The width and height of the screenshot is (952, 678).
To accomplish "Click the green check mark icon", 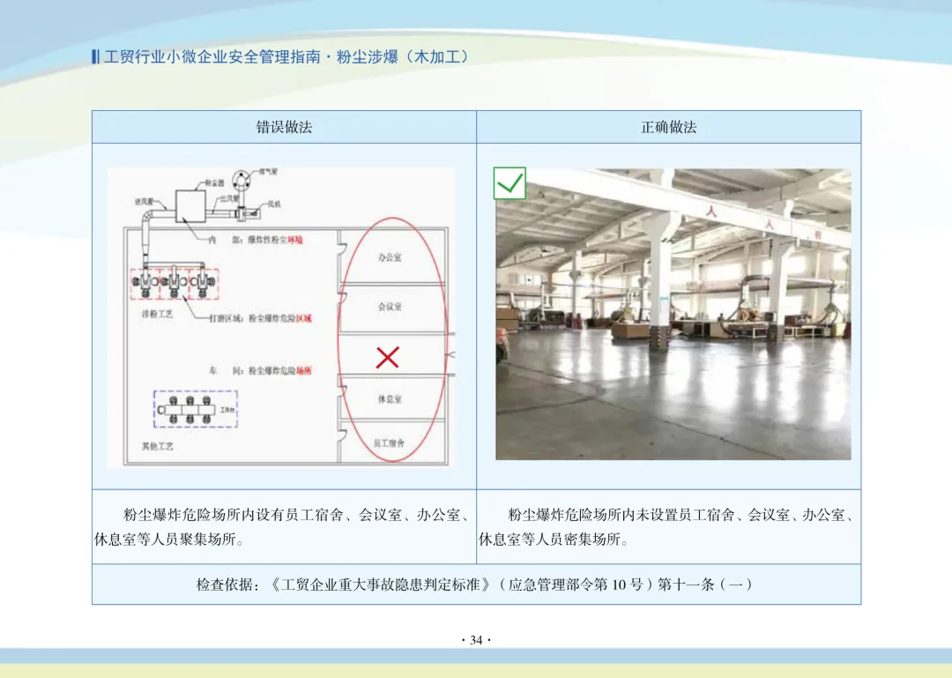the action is coord(509,183).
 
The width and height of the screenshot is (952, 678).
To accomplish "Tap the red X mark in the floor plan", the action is coord(388,357).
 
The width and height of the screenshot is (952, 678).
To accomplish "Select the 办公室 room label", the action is coord(390,257).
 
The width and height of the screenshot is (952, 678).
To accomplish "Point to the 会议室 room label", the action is coord(390,307).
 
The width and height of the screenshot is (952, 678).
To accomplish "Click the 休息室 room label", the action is coord(390,399).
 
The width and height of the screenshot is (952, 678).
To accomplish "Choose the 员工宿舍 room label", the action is coord(389,444).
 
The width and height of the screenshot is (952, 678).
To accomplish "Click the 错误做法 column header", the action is coord(284,127).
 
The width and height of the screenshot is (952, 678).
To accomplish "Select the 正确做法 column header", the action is coord(668,127).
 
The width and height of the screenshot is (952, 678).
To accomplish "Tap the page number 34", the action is coord(476,640).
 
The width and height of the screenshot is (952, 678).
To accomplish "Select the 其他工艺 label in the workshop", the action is coord(158,446).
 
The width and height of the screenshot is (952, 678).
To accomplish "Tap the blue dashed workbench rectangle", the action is coord(195,409).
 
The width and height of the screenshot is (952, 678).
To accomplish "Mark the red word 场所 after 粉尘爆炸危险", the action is coord(302,371).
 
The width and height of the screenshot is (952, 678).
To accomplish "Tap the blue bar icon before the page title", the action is coord(95,57).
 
